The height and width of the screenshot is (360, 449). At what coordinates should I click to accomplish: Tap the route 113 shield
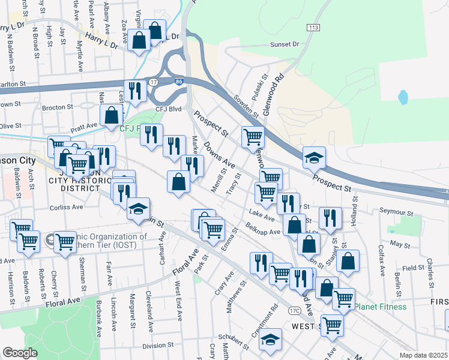[x=313, y=28]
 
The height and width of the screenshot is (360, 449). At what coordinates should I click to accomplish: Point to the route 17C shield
[x=294, y=310]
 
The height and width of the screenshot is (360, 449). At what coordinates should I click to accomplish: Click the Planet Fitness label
[x=380, y=307]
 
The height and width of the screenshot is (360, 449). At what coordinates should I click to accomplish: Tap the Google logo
[x=20, y=353]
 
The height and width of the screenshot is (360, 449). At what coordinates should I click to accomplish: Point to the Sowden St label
[x=246, y=106]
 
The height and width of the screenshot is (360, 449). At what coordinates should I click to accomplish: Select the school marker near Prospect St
[x=314, y=158]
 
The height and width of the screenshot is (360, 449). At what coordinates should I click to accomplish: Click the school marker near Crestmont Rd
[x=271, y=339]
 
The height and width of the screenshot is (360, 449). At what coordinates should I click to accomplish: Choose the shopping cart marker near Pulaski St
[x=253, y=137]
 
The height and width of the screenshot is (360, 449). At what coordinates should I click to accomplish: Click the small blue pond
[x=403, y=96]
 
